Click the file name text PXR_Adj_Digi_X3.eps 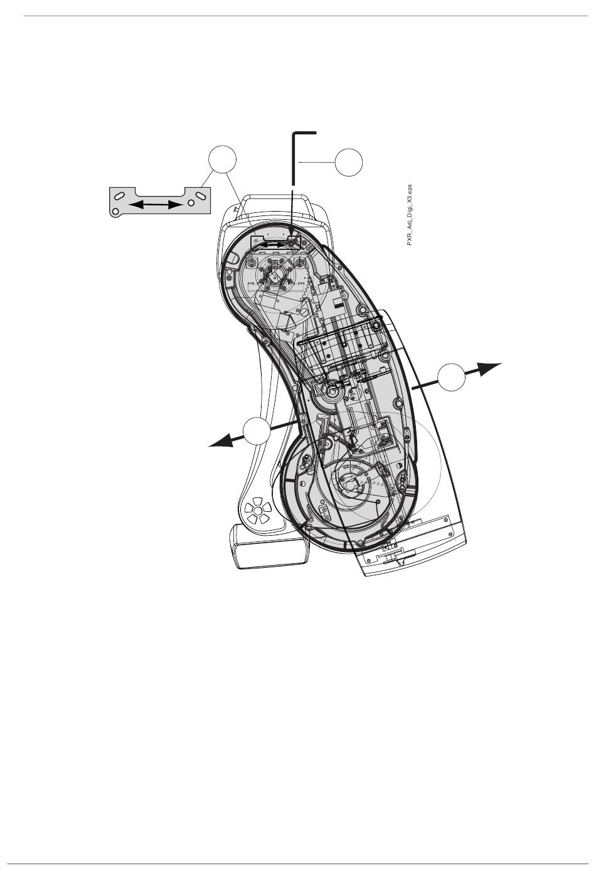[409, 215]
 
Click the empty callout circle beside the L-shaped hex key [349, 163]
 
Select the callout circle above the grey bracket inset [224, 160]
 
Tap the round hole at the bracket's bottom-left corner [114, 212]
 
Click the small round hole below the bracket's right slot [191, 204]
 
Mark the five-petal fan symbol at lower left [257, 510]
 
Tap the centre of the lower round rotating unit [350, 482]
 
